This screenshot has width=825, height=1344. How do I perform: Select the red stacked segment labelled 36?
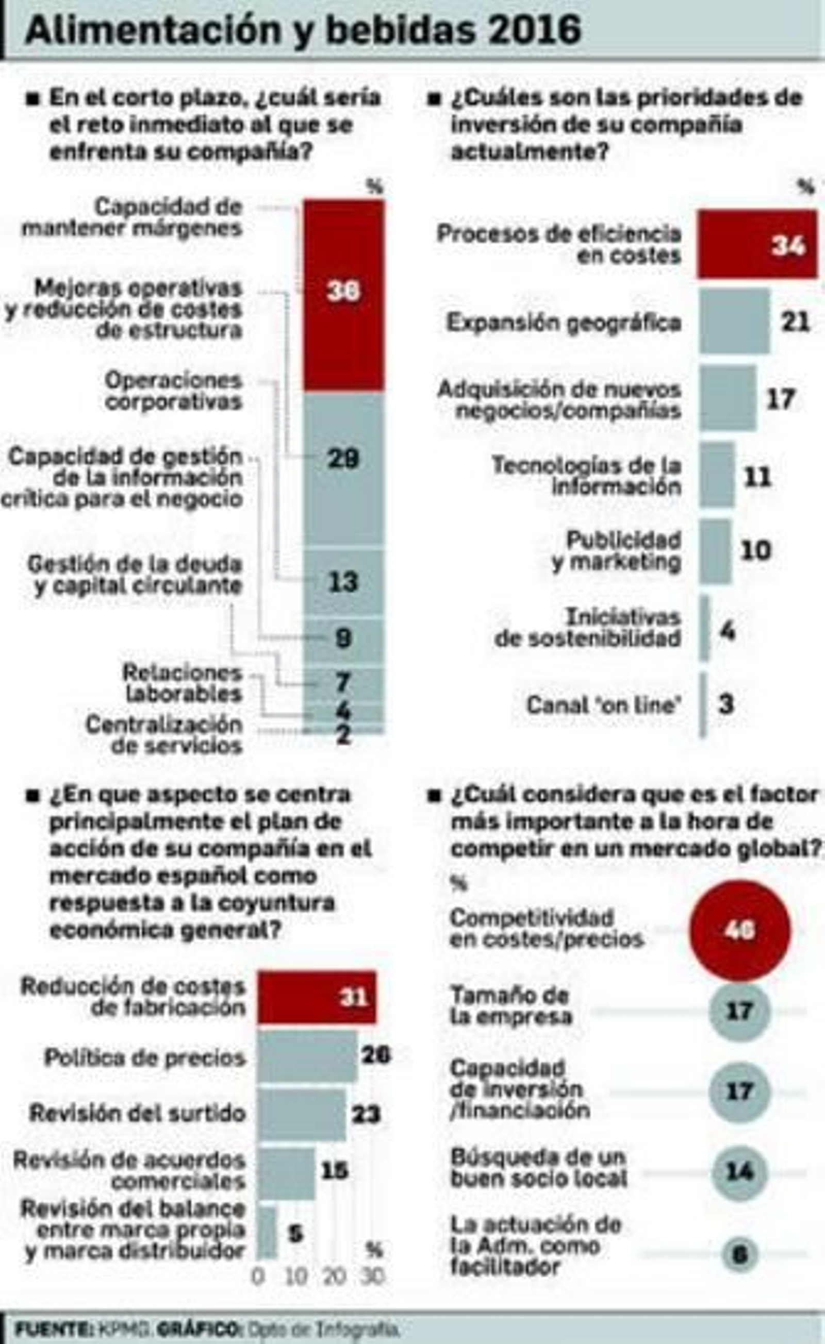(x=344, y=295)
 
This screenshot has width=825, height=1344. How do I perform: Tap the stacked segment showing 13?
(x=344, y=582)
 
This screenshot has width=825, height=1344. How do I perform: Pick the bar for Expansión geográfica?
(x=734, y=321)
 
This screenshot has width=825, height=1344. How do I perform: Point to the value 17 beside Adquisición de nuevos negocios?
(x=780, y=399)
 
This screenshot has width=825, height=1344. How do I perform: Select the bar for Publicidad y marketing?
(x=715, y=551)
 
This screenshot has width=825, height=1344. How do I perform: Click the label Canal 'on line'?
(x=603, y=705)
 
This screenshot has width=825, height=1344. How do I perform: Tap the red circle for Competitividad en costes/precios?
(x=739, y=931)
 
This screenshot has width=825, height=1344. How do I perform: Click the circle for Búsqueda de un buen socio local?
(x=739, y=1172)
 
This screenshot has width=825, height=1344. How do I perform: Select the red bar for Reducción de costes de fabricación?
(x=317, y=998)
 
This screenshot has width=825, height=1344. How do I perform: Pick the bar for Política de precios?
(x=307, y=1056)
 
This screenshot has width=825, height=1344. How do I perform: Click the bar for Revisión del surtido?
(x=301, y=1114)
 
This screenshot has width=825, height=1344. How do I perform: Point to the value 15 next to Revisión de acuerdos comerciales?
(x=334, y=1170)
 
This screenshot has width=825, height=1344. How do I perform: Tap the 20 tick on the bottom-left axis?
(x=334, y=1277)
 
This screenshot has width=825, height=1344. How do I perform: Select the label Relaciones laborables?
(x=184, y=683)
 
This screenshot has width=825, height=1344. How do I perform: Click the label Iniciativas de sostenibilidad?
(x=588, y=627)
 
